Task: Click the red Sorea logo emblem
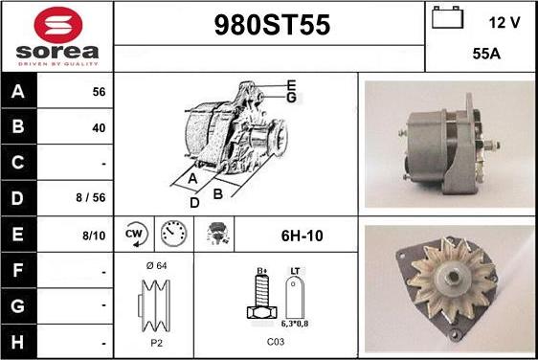58,25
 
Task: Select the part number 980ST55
272,25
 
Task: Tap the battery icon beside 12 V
447,17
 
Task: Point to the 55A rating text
486,54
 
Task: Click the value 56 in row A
99,92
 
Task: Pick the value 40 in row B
99,128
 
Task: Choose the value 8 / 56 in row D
91,197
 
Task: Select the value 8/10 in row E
94,236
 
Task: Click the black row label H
18,342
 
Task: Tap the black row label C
18,163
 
